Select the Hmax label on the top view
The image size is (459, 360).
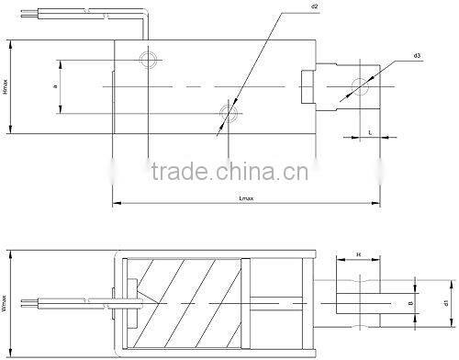[x=6, y=91]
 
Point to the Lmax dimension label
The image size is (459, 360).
[x=245, y=197]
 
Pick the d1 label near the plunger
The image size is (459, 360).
[x=445, y=301]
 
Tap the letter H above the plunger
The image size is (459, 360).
[x=359, y=253]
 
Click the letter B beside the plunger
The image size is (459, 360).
[x=409, y=299]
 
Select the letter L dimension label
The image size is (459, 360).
[x=370, y=133]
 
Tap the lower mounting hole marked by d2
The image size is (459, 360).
[x=227, y=113]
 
